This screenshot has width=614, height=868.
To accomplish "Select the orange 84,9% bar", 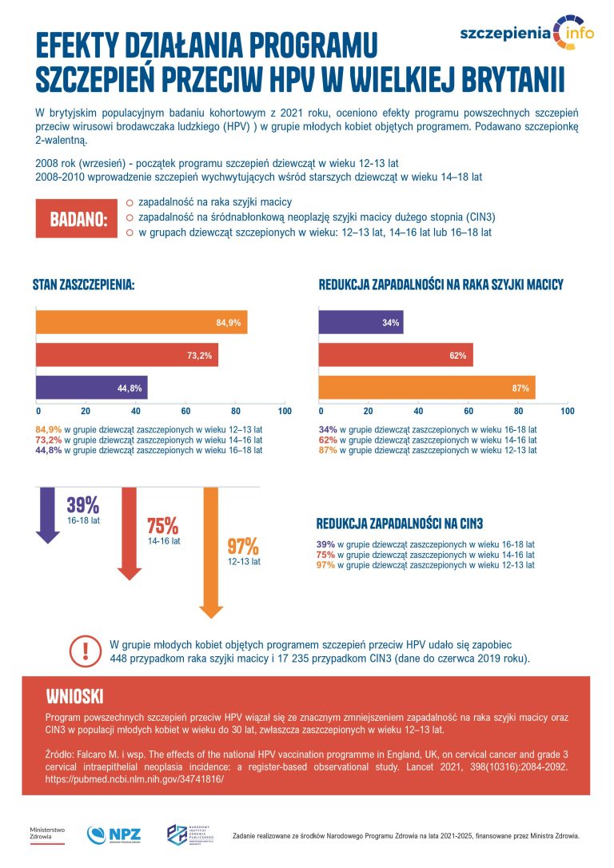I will coord(141,322).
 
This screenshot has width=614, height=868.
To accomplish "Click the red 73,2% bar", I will coord(126,355).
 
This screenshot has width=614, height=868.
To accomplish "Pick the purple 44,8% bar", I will coord(90,388).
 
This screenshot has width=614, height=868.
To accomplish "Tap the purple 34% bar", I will coord(361,322).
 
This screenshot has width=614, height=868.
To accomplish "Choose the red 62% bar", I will coord(396,355).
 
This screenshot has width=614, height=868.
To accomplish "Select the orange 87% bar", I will coord(427,388).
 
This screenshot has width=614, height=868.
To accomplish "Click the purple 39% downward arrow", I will coord(48,516).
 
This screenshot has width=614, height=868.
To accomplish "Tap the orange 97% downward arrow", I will coord(210,551).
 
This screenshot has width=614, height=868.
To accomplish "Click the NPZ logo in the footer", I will coord(114,834).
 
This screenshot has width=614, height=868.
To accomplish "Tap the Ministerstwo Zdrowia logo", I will coord(47,834).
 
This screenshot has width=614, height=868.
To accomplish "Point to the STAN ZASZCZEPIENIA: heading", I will coord(83,285).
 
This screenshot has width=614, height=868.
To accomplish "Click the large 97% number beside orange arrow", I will coord(243,547).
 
